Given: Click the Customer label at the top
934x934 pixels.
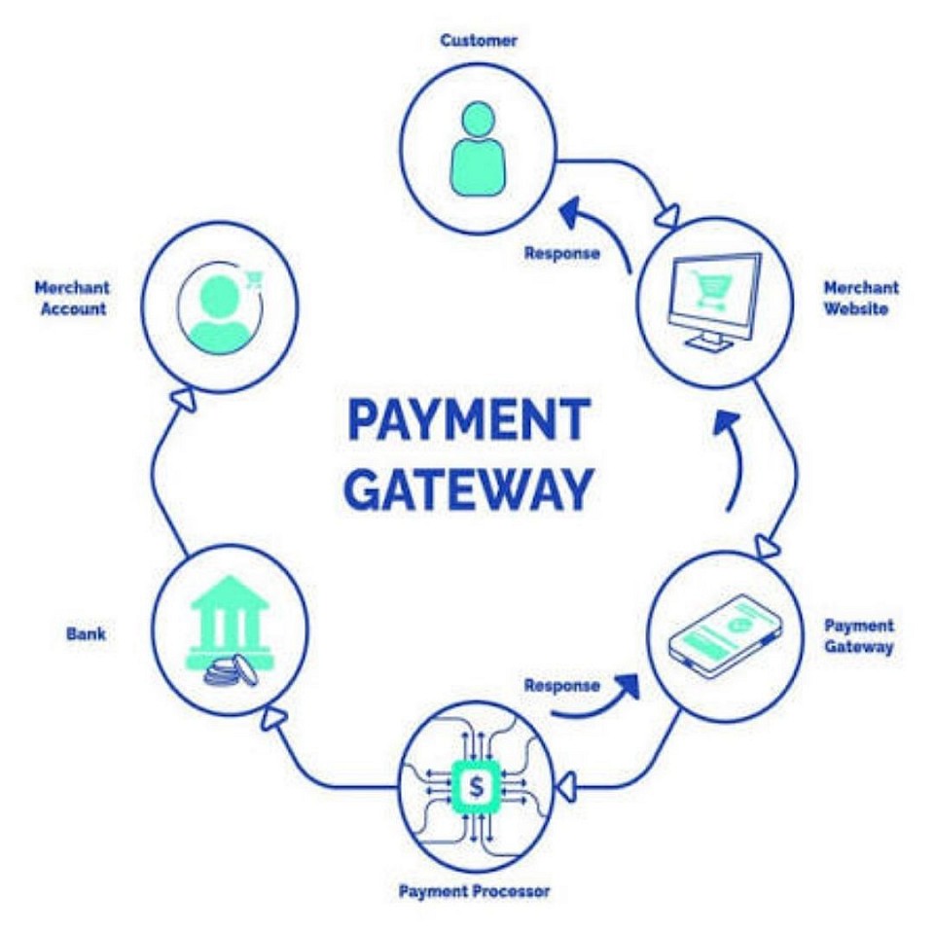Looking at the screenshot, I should point(478,41).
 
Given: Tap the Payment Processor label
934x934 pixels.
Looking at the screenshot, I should point(474,891).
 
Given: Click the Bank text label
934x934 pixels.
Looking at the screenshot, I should point(86,634).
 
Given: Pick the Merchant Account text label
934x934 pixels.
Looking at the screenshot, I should point(71,299).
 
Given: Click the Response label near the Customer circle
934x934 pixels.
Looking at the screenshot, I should point(561,253).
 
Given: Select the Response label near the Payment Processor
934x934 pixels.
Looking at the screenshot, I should point(561,685).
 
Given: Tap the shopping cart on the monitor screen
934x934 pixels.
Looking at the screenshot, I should point(710,287).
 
